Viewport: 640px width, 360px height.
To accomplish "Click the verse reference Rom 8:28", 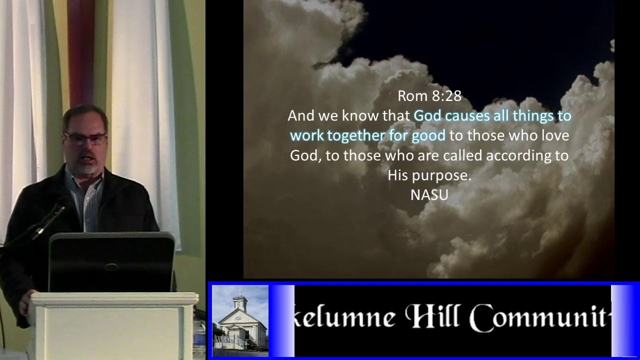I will click(x=429, y=95).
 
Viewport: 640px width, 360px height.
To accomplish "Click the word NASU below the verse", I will click(x=429, y=194).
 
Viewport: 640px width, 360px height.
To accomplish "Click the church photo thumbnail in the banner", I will click(x=240, y=320).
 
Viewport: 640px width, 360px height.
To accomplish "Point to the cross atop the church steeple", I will click(x=240, y=291).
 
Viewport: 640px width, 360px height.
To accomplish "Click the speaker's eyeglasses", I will click(x=85, y=138).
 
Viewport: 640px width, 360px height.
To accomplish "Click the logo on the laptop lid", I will click(x=112, y=267).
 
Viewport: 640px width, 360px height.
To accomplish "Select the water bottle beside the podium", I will click(x=199, y=337).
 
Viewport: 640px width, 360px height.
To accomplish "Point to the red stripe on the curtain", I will click(x=80, y=50).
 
